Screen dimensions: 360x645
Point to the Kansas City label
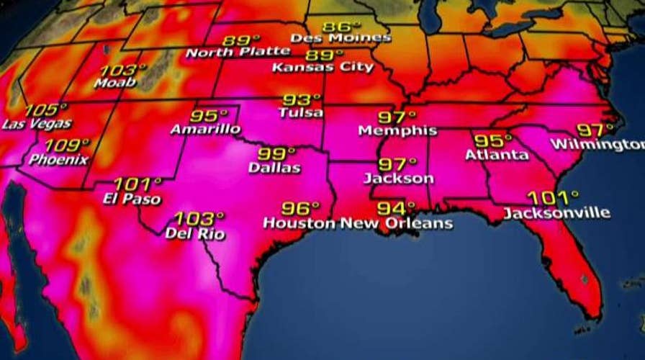pos(323,68)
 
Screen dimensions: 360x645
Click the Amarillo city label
pos(206,130)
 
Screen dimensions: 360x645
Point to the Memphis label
pos(397,131)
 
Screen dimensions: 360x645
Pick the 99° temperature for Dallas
pos(276,154)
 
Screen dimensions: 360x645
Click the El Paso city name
pos(132,199)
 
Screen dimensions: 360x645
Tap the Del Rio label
pos(195,233)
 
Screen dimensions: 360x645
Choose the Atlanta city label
pos(497,155)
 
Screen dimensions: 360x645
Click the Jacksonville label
pos(556,213)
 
